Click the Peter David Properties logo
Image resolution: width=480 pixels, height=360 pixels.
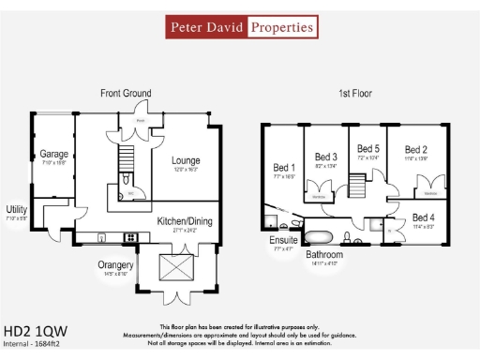coord(240,27)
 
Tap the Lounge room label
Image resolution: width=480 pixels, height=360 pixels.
coord(186,160)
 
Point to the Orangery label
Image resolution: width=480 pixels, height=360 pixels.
coord(116,265)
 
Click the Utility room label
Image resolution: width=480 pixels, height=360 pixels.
coord(17,210)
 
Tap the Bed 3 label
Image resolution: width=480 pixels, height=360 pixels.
coord(325,157)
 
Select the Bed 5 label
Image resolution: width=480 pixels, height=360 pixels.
coord(368,148)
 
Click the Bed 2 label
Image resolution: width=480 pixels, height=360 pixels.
coord(415,149)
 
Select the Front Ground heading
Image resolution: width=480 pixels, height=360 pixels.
coord(126,94)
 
